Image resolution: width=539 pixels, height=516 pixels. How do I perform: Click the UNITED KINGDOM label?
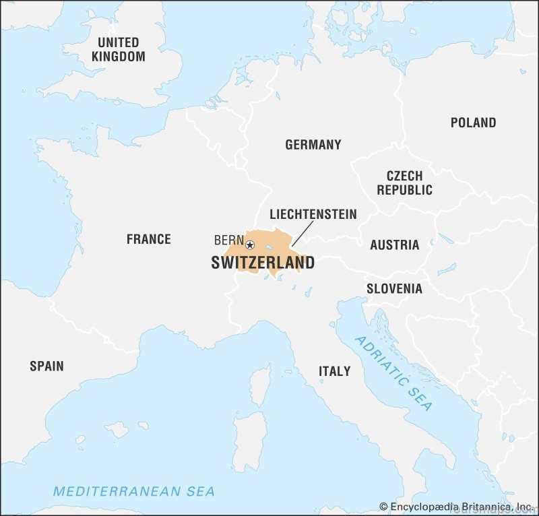118,49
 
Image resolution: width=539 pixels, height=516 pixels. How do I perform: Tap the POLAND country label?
473,123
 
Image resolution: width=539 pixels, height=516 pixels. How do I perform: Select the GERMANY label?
313,144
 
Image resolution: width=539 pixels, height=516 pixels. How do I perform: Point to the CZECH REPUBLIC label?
404,183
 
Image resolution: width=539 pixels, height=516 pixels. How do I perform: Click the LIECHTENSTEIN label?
313,214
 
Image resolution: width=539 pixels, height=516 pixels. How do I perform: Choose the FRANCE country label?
148,238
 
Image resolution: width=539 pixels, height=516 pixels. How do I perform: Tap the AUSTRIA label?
394,245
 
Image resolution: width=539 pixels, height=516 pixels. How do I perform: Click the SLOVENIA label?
394,288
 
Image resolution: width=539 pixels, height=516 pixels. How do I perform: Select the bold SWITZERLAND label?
263,263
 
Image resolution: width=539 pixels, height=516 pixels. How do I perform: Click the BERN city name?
228,240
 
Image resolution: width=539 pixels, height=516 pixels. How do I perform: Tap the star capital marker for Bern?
250,245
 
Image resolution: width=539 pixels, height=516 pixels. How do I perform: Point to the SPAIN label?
46,366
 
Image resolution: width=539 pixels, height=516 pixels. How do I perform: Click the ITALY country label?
334,370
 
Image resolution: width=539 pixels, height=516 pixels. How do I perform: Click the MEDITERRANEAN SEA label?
134,491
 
